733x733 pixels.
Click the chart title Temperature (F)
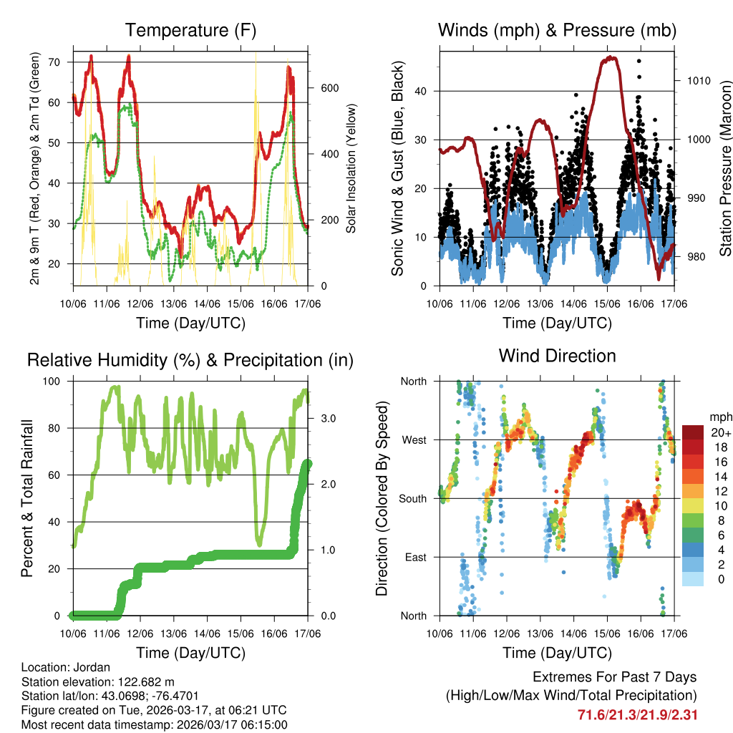click(190, 31)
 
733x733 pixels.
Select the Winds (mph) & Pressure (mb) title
click(557, 31)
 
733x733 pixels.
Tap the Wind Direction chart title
click(557, 356)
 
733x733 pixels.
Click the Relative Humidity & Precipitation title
click(190, 360)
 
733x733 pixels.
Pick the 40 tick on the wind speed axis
click(425, 91)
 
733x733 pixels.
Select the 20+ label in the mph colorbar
click(720, 433)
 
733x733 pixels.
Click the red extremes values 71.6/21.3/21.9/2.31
click(637, 714)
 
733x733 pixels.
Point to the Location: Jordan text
click(64, 666)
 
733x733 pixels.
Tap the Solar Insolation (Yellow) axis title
click(351, 168)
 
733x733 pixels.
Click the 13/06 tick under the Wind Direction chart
click(540, 634)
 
